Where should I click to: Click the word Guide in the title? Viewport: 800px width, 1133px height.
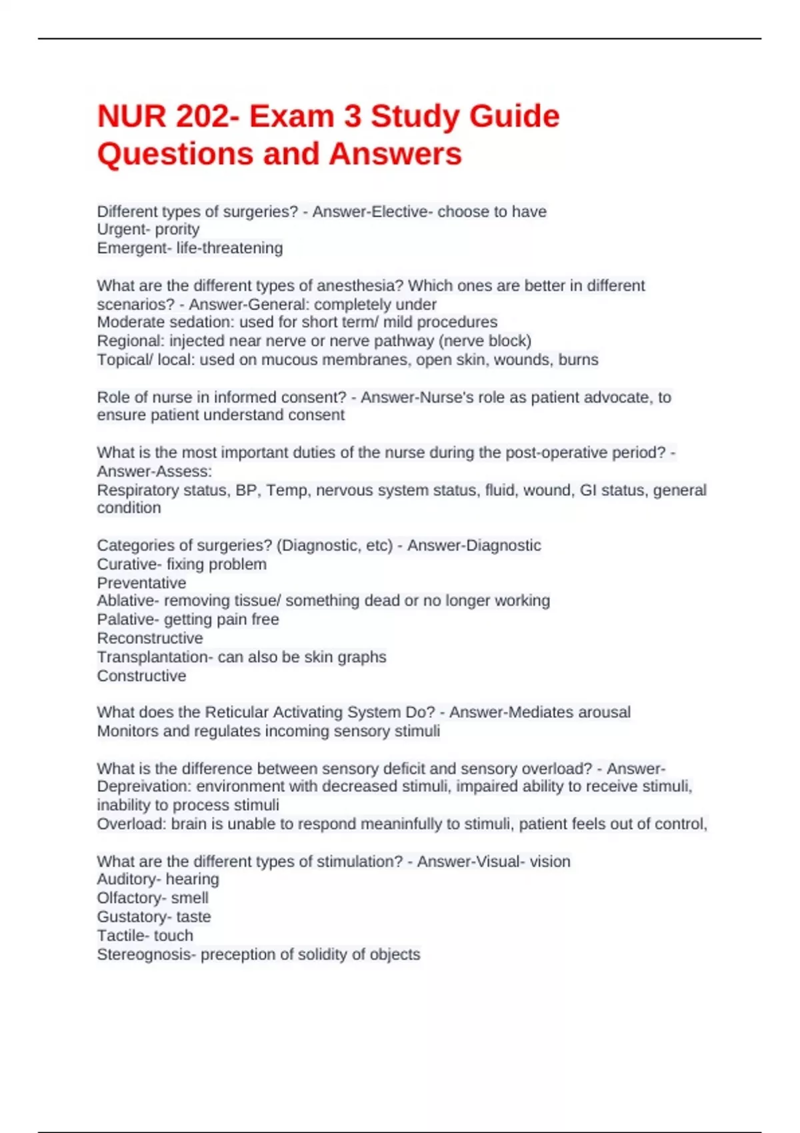pos(514,117)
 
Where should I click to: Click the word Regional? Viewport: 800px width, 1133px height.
pos(129,341)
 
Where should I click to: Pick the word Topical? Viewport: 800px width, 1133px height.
pos(123,360)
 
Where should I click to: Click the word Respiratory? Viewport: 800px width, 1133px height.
pos(135,490)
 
